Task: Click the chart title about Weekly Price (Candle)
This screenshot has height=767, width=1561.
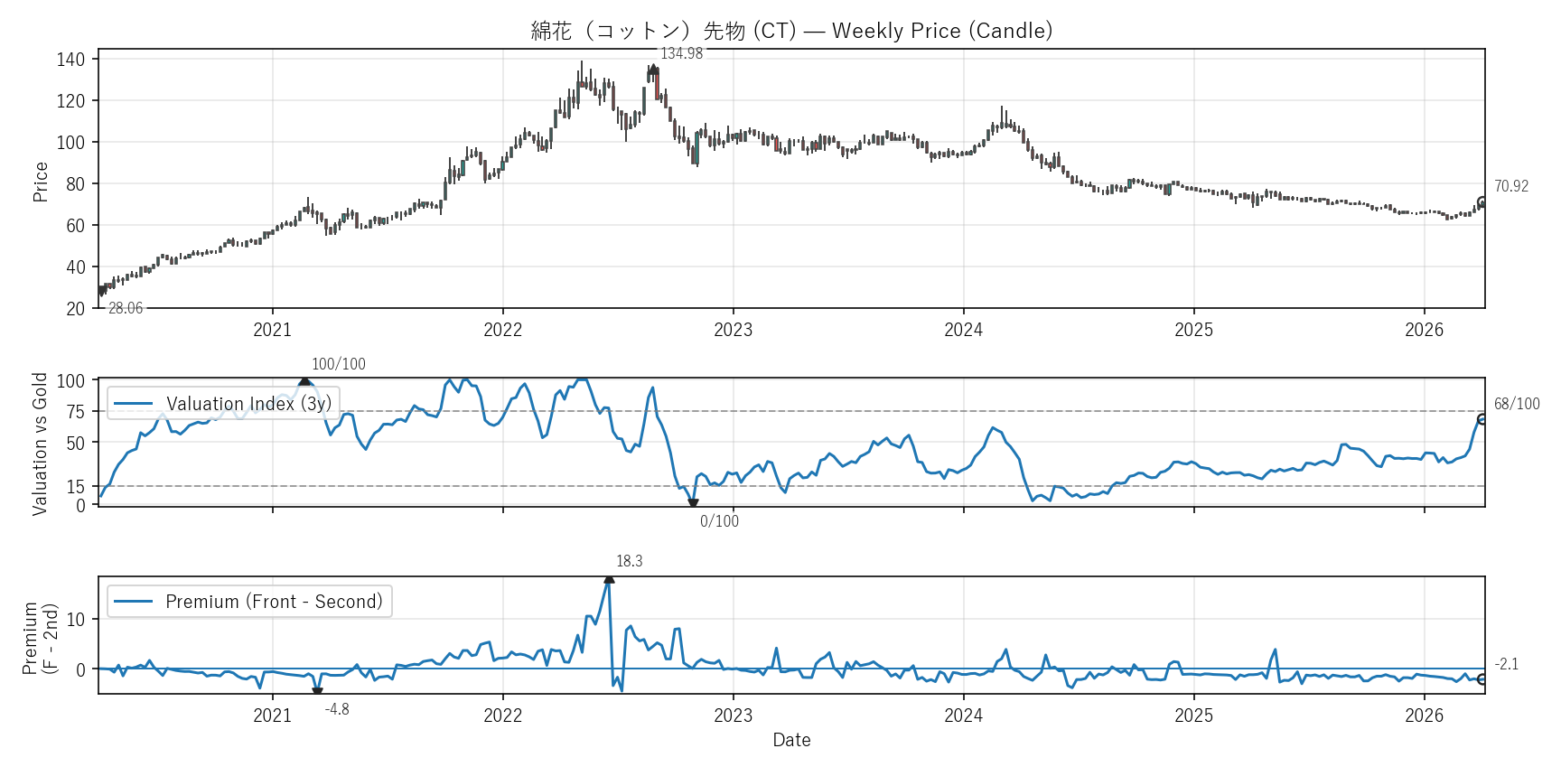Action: pos(791,31)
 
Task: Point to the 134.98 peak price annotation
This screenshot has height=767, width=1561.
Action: pos(681,54)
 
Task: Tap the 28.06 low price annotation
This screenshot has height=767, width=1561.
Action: pos(126,309)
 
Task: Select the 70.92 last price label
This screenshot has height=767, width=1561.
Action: pos(1510,187)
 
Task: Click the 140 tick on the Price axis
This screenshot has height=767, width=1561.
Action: pos(70,60)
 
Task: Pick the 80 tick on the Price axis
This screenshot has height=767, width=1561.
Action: pos(75,184)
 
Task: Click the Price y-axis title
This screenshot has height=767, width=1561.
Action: pos(41,182)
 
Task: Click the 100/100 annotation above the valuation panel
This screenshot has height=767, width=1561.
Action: pos(339,365)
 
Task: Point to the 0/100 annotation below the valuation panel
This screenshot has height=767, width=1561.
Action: pos(719,521)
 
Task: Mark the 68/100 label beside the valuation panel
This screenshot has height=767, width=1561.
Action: pos(1517,405)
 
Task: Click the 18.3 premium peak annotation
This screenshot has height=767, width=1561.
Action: pos(630,562)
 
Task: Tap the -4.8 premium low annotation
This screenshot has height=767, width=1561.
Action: pos(337,710)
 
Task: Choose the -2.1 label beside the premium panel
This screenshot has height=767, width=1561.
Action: pos(1507,665)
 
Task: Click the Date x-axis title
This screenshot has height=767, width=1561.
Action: pos(791,741)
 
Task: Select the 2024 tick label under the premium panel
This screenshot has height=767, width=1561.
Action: pos(963,716)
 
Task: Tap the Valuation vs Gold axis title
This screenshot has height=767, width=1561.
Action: pos(40,444)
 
